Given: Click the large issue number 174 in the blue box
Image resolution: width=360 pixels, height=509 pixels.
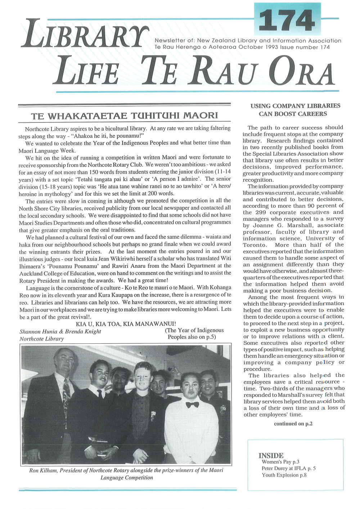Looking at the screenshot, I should click(289, 21).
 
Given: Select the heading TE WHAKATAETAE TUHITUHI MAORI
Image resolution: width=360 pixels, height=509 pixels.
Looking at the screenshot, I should click(125, 116).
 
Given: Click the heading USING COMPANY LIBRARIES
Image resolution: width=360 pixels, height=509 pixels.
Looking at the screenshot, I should click(295, 106).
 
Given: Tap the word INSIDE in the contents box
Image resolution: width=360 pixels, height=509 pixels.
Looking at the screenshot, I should click(271, 455).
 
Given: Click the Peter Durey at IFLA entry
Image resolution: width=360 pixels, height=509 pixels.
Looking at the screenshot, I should click(288, 469).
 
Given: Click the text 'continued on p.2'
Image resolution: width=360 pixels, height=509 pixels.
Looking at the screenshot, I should click(293, 424).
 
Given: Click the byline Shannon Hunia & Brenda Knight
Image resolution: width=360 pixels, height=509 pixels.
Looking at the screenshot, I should click(60, 331).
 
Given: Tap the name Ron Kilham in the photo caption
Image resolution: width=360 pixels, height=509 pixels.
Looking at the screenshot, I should click(42, 470).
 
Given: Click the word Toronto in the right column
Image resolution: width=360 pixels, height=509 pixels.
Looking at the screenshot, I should click(255, 245).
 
